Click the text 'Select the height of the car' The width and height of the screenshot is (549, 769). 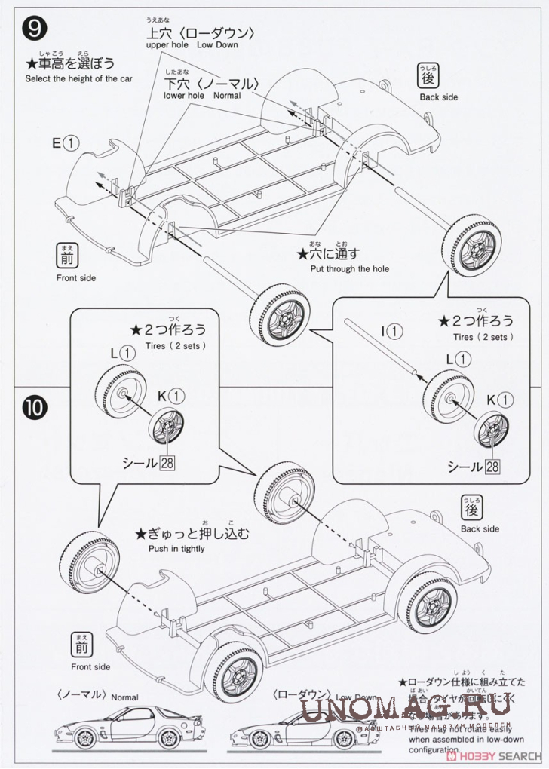point(79,78)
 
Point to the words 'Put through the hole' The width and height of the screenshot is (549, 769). point(350,268)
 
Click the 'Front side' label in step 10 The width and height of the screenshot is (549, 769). point(90,666)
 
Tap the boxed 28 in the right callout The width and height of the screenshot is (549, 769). point(492,467)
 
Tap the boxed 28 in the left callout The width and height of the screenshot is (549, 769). point(167,462)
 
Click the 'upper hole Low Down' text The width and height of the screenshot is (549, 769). point(190,45)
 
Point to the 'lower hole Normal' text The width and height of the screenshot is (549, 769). point(202,96)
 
